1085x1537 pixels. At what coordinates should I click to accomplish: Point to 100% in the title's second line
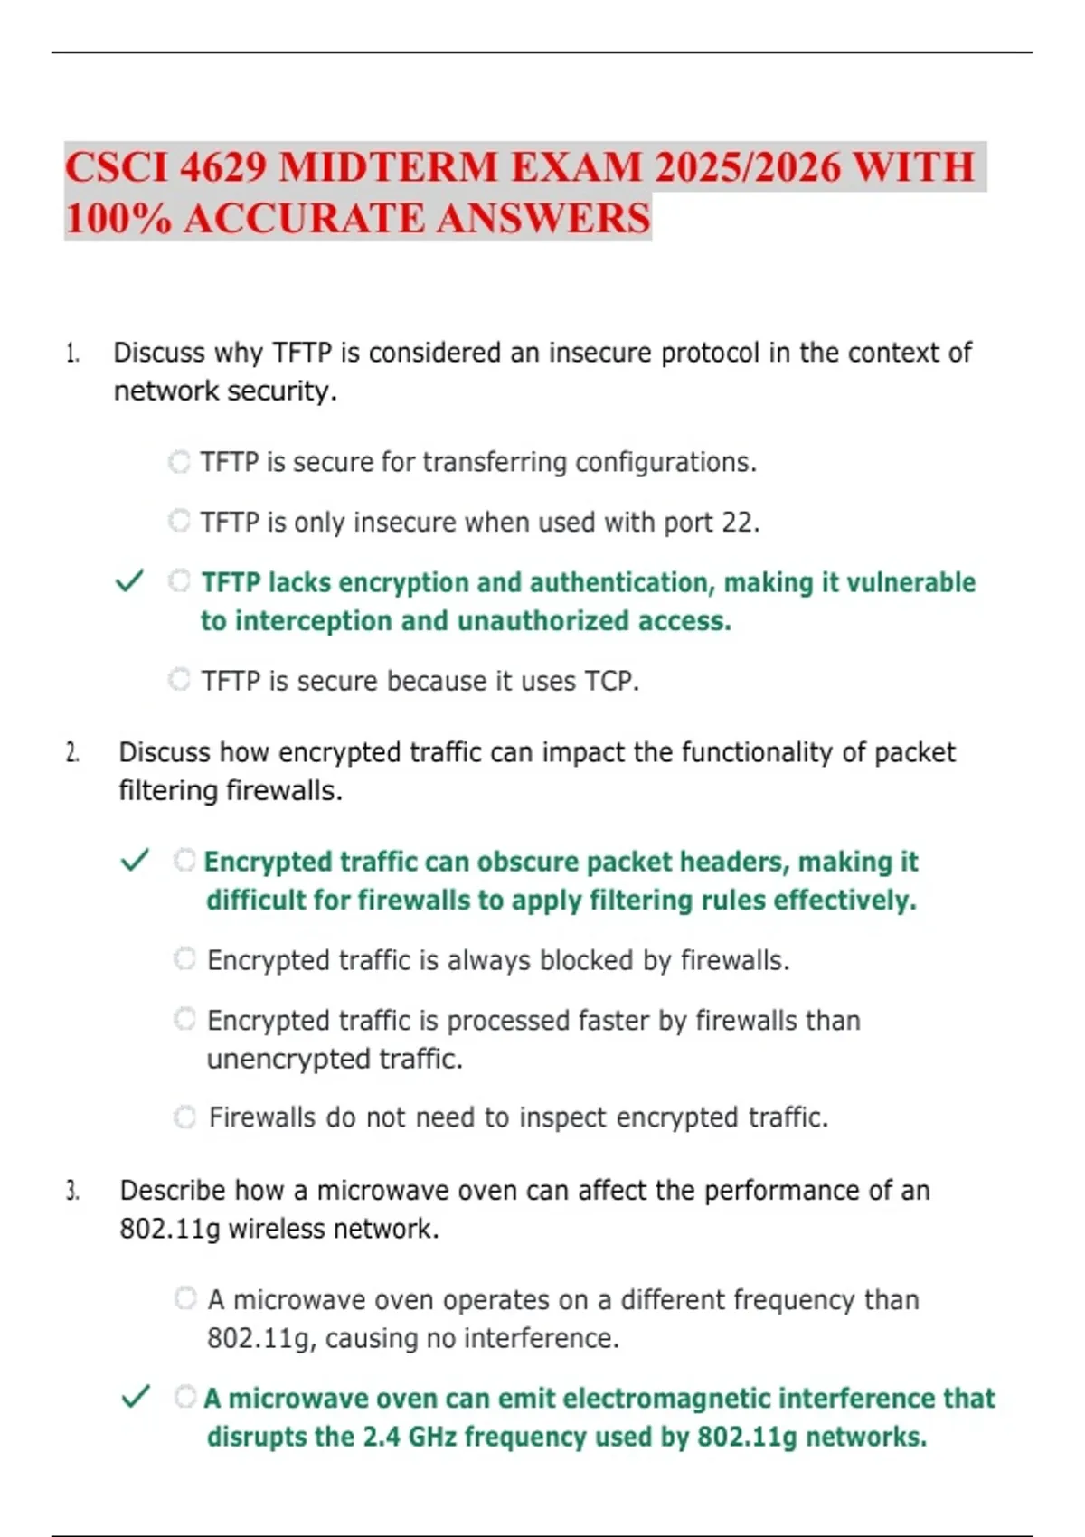(x=118, y=219)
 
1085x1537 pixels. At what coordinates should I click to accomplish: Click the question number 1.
(x=72, y=354)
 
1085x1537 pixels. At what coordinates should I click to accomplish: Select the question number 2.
(x=72, y=753)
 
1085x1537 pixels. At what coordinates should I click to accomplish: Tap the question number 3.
(x=72, y=1191)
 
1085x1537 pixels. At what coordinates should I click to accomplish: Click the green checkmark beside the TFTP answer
(x=130, y=580)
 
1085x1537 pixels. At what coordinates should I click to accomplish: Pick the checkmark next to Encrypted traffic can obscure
(x=135, y=860)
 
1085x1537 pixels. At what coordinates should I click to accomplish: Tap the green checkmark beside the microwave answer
(x=136, y=1397)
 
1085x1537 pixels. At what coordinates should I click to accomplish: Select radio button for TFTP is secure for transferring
(x=180, y=462)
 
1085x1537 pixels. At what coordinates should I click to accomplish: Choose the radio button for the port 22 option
(x=180, y=521)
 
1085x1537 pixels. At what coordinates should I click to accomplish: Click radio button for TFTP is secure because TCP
(x=180, y=679)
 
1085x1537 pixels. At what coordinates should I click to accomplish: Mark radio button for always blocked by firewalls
(x=185, y=958)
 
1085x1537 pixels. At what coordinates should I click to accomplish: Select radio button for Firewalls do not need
(x=185, y=1117)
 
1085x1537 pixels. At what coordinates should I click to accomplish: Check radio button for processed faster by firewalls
(x=185, y=1019)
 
